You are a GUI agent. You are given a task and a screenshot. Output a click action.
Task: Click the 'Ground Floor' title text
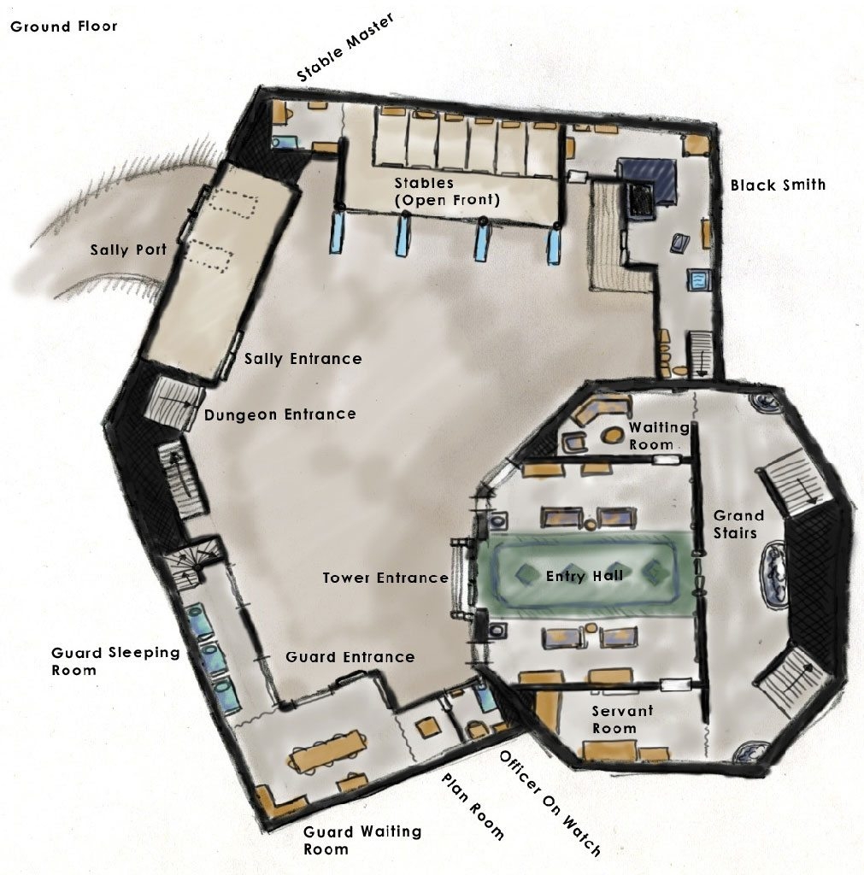[63, 26]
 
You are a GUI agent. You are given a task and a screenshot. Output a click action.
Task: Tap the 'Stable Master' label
[345, 48]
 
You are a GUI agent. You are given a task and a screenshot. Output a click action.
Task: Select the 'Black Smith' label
[778, 185]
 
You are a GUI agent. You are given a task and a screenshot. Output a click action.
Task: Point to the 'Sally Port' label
[128, 250]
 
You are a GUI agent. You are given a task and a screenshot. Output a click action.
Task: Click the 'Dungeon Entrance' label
[279, 414]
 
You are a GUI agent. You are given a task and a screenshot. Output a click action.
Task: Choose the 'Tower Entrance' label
[385, 578]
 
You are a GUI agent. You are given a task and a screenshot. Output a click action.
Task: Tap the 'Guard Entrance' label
[350, 657]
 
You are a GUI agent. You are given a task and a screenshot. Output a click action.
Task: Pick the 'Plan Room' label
[473, 806]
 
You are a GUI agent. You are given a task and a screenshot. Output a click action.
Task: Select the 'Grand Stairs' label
[738, 524]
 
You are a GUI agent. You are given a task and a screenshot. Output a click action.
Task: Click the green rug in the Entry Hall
[584, 574]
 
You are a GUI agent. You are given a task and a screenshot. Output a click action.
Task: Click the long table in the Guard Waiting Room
[328, 752]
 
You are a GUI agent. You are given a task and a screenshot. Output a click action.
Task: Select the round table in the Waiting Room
[611, 434]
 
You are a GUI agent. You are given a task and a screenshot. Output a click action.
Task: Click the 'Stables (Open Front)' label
[447, 191]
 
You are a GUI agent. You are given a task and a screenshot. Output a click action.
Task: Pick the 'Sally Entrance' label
[303, 358]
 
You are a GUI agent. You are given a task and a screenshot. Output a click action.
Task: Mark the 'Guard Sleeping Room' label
[115, 661]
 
